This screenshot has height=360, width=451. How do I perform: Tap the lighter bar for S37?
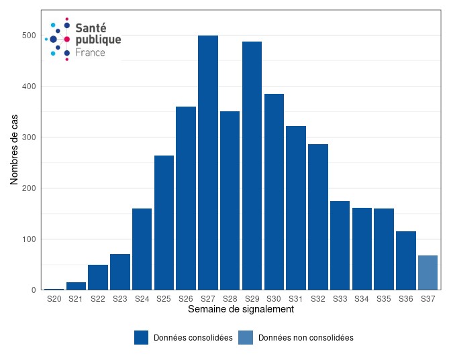(x=428, y=273)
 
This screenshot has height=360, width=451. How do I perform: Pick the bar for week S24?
(x=142, y=249)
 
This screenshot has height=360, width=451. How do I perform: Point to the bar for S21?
(x=76, y=286)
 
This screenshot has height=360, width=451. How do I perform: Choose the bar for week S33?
(x=340, y=245)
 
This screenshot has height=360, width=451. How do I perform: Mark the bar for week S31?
(x=296, y=208)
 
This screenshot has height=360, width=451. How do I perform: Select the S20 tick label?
(x=54, y=299)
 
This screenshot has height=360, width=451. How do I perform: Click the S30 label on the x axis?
(x=274, y=299)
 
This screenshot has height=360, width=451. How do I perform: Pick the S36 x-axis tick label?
(x=405, y=299)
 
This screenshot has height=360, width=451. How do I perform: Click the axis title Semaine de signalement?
(x=240, y=310)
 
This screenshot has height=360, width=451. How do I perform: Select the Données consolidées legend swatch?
(x=141, y=338)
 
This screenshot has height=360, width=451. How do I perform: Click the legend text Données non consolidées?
(x=305, y=338)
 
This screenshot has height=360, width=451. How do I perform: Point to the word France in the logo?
(x=90, y=52)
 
